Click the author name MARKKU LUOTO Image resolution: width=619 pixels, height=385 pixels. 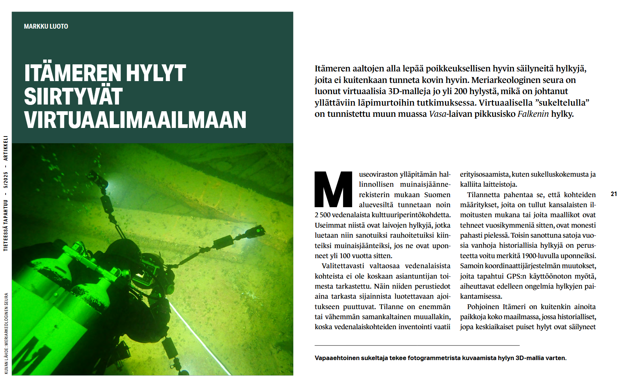point(46,26)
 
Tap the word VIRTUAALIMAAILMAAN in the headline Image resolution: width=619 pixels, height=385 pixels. point(135,120)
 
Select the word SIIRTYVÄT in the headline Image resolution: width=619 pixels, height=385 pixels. point(73,96)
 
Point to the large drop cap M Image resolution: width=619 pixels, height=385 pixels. point(333,189)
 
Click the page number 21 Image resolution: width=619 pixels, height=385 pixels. point(614,194)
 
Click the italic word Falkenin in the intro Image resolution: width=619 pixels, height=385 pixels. point(533,114)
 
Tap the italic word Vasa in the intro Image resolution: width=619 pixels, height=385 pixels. point(437,114)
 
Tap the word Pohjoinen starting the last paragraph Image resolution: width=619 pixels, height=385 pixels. point(483,307)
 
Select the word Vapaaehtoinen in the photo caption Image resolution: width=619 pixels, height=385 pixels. point(337,358)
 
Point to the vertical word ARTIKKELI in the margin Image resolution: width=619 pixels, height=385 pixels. point(6,148)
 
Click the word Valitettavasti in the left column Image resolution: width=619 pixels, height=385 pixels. point(343,266)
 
